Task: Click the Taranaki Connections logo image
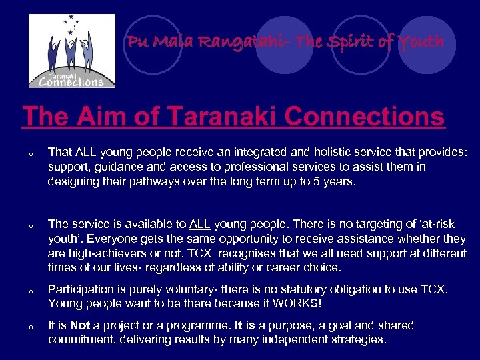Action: coord(71,51)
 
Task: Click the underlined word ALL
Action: coord(200,225)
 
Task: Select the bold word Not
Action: coord(80,326)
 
